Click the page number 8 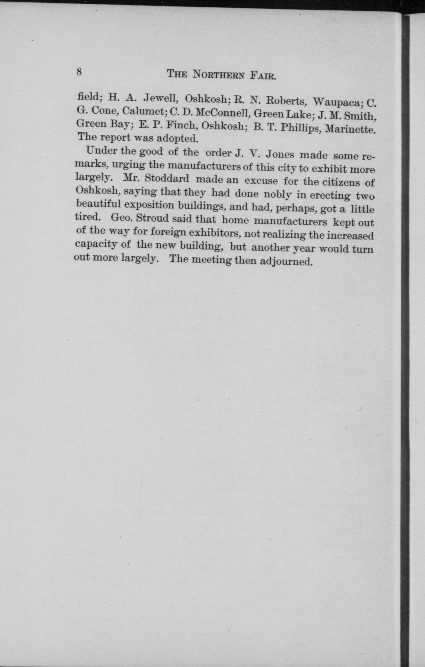click(79, 72)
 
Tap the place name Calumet click(144, 111)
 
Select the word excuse click(261, 181)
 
